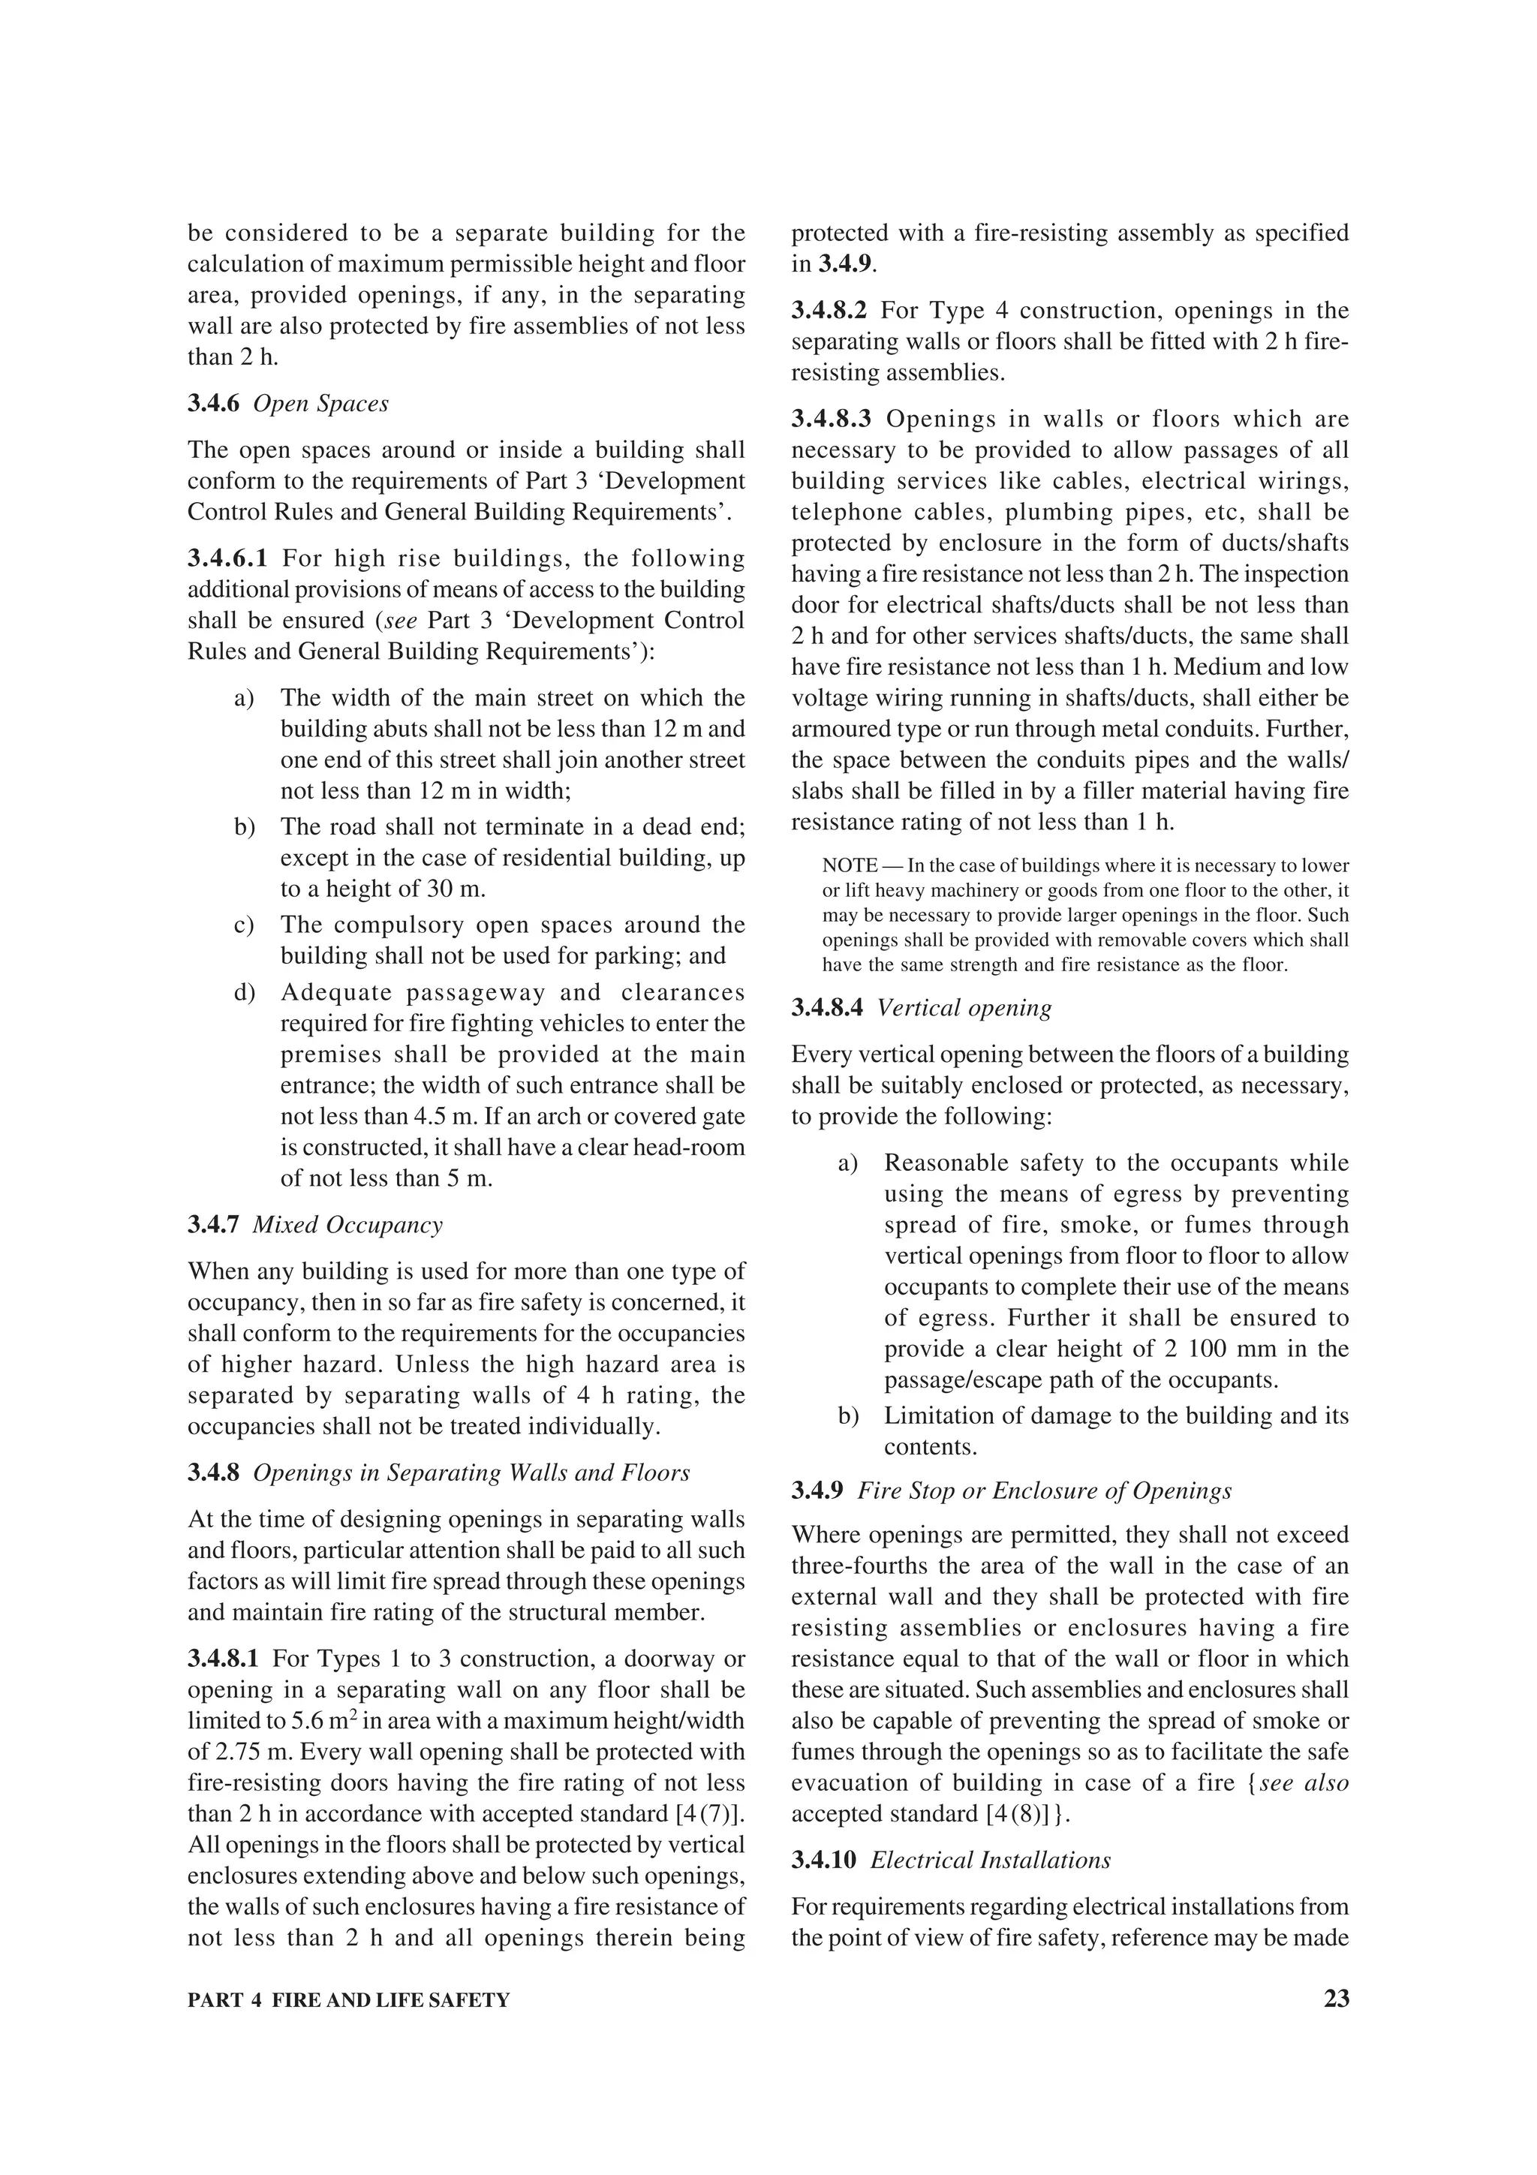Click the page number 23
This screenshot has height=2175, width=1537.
(x=1336, y=1999)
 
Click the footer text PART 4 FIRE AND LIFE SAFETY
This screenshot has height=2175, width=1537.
(x=348, y=2001)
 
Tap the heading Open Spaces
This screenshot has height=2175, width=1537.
(x=321, y=404)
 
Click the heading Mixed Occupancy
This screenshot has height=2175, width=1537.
(x=347, y=1225)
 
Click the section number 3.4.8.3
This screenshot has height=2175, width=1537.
(x=831, y=419)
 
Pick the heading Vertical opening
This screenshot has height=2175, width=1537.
(x=964, y=1008)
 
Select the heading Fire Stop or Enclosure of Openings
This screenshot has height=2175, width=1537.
(x=1045, y=1491)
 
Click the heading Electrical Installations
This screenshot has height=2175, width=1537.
(x=990, y=1861)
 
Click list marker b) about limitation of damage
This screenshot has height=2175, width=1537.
(x=849, y=1416)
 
